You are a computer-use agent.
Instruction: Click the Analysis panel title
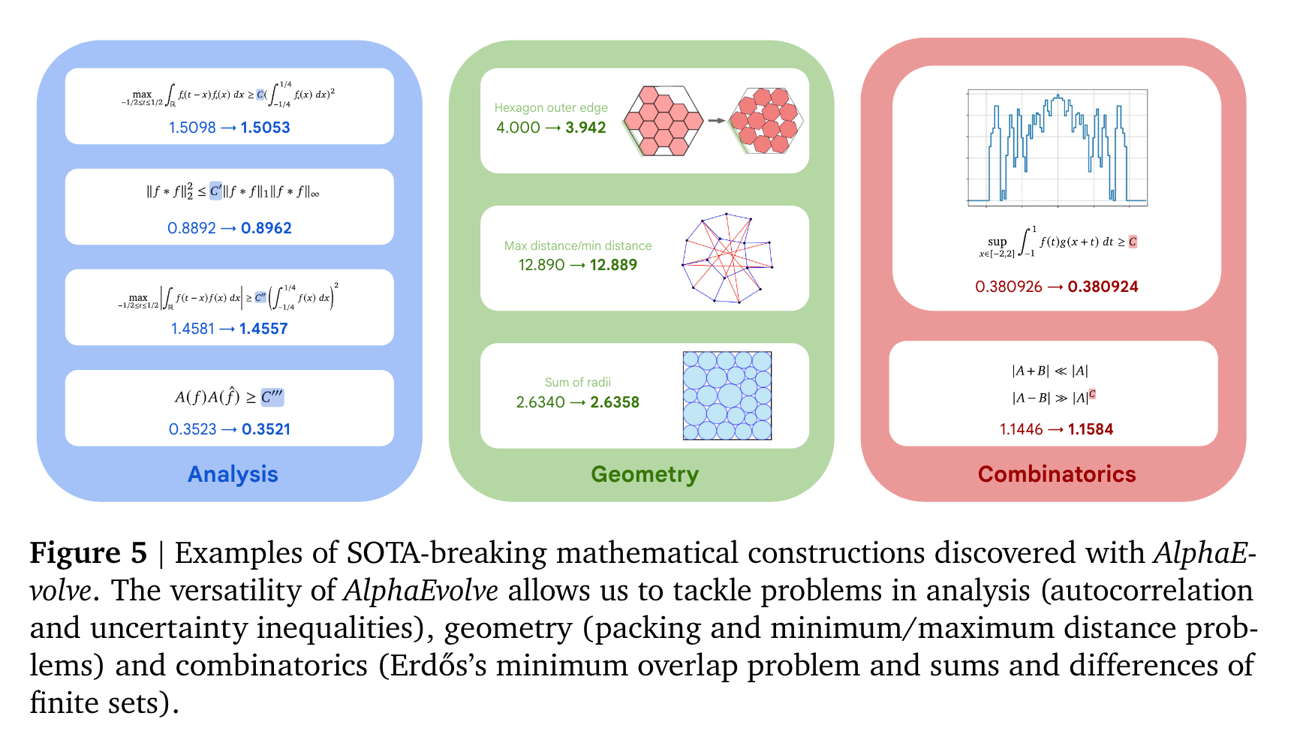pos(233,474)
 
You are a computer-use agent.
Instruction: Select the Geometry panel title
pos(645,474)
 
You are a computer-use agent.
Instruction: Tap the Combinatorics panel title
pos(1057,474)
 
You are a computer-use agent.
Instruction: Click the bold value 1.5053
pos(265,128)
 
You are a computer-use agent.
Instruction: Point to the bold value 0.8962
pos(266,228)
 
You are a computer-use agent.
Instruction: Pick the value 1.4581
pos(192,329)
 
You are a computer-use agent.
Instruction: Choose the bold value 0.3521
pos(266,429)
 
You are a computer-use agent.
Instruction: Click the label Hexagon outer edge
pos(551,107)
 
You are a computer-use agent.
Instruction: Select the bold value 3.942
pos(585,128)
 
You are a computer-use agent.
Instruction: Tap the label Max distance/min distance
pos(578,245)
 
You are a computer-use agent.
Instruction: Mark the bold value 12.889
pos(613,265)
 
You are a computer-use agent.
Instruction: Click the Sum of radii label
pos(578,382)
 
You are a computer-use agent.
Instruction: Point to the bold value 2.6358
pos(615,402)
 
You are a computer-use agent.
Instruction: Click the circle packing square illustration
pos(727,396)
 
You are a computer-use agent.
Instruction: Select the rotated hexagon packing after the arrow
pos(766,120)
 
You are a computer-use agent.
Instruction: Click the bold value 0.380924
pos(1103,287)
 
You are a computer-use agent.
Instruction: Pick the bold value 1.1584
pos(1091,429)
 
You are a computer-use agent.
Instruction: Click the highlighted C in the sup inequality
pos(1133,242)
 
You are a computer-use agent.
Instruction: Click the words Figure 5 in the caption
pos(88,553)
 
